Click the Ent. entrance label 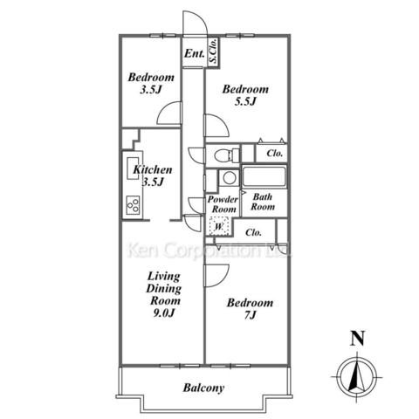point(195,53)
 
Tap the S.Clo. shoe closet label point(213,52)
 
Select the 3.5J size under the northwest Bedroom point(151,90)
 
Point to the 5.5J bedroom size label point(245,101)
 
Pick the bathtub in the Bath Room point(264,177)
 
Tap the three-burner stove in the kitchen point(133,205)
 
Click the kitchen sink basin point(133,168)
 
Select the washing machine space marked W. point(218,226)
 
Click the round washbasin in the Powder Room point(230,178)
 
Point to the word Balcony point(203,388)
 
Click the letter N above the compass point(357,338)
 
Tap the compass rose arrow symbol point(357,377)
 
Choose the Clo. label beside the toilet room point(275,154)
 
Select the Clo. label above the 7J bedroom point(253,232)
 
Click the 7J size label point(250,315)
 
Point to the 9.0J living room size point(164,313)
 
